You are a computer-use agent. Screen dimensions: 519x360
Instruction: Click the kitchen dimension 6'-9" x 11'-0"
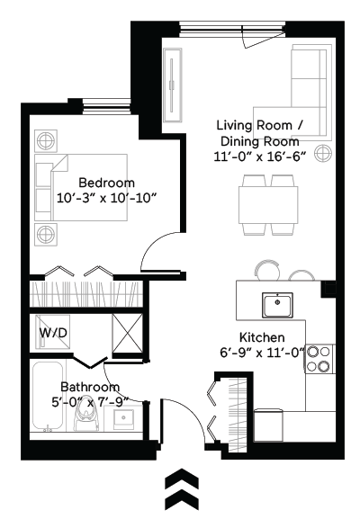[274, 352]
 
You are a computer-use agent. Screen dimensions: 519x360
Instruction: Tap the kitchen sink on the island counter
[280, 305]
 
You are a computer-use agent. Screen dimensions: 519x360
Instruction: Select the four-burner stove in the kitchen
[319, 360]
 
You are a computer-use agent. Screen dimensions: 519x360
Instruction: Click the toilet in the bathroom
[88, 415]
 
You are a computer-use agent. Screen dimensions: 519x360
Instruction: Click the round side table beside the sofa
[323, 149]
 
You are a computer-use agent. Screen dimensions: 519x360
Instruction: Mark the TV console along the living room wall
[172, 82]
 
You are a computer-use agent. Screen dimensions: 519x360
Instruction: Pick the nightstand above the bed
[45, 140]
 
